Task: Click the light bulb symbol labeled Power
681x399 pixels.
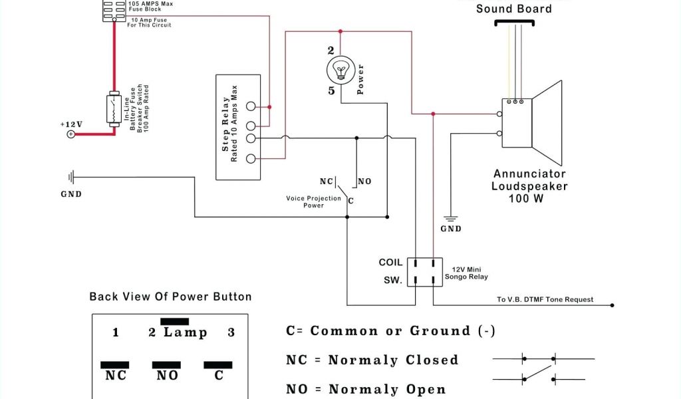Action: (x=340, y=69)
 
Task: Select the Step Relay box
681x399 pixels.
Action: (x=237, y=127)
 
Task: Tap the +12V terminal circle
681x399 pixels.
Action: (x=71, y=134)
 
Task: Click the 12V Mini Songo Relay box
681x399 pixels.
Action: (x=425, y=271)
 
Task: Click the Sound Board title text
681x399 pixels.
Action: (x=513, y=9)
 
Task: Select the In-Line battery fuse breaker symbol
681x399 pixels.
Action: (x=113, y=109)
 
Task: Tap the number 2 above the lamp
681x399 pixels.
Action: (x=331, y=50)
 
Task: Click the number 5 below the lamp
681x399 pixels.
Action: (x=331, y=90)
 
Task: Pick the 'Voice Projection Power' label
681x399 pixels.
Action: (x=313, y=201)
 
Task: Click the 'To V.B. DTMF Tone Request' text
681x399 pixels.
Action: (x=545, y=299)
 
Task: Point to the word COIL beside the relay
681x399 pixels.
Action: (x=390, y=263)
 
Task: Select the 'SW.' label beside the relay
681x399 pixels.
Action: (x=392, y=281)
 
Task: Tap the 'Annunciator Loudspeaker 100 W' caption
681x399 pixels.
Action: (x=529, y=186)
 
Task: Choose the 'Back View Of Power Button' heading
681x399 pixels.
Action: (x=170, y=297)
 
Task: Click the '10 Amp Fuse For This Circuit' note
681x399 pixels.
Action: (x=149, y=23)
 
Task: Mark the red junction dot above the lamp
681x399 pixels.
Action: (x=340, y=31)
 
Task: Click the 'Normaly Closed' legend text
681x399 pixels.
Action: (x=393, y=360)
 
